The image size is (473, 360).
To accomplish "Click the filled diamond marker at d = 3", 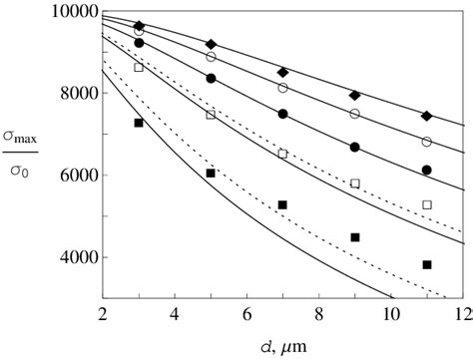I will [139, 25].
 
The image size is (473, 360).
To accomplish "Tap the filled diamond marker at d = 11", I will [427, 117].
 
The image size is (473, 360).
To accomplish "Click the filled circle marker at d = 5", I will [211, 78].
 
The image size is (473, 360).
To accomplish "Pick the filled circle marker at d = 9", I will [355, 148].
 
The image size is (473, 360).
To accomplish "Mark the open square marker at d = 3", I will [139, 68].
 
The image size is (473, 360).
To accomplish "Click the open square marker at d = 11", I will [427, 204].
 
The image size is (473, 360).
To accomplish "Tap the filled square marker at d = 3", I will [139, 123].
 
